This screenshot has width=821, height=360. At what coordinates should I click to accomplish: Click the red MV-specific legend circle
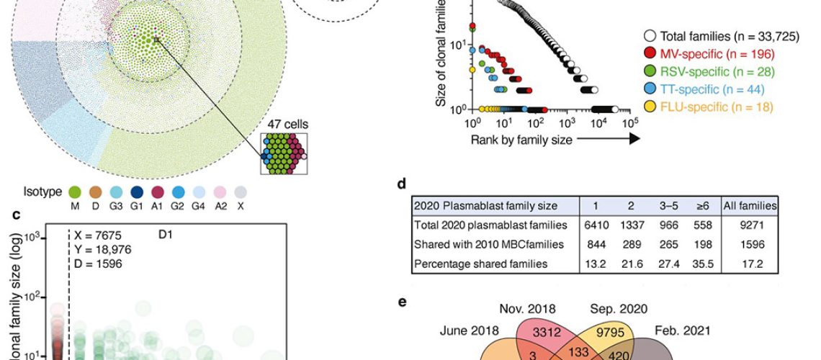click(649, 54)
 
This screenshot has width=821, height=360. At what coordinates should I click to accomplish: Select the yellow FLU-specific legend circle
click(649, 107)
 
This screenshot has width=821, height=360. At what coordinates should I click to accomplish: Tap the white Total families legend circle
click(649, 36)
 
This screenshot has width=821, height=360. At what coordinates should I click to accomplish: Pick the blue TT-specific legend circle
click(649, 89)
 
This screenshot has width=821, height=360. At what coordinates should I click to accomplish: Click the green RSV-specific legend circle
click(649, 72)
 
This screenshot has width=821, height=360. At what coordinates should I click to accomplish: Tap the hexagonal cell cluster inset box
click(284, 153)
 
